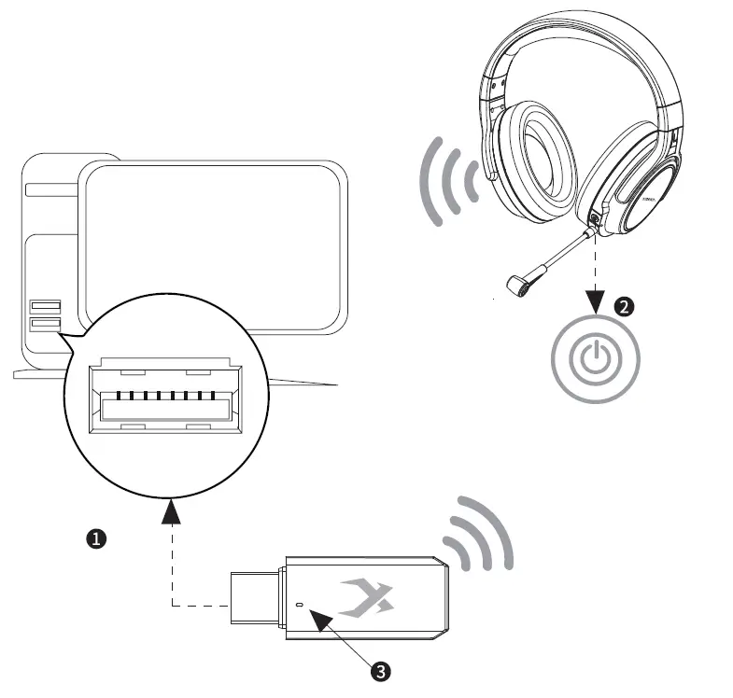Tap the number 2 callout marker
(624, 305)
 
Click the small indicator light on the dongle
(299, 605)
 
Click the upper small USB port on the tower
(45, 306)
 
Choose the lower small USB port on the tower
(45, 325)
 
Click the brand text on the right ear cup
(651, 199)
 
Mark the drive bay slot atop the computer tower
(51, 189)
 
